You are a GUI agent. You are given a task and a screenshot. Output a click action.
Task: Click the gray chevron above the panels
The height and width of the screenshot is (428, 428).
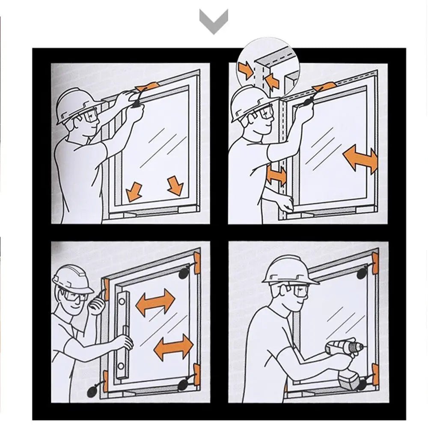tap(214, 21)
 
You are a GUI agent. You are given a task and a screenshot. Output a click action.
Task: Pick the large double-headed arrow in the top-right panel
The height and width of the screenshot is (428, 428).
tap(360, 159)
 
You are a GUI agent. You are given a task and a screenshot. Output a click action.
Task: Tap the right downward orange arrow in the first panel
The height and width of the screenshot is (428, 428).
tap(175, 185)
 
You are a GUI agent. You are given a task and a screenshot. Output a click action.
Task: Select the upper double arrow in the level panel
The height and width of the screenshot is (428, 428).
tap(155, 302)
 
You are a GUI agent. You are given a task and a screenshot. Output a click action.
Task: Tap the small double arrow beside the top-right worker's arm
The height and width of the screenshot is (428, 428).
tap(276, 175)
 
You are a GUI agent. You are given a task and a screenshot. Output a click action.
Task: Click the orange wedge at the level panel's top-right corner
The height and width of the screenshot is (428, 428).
tap(197, 263)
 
